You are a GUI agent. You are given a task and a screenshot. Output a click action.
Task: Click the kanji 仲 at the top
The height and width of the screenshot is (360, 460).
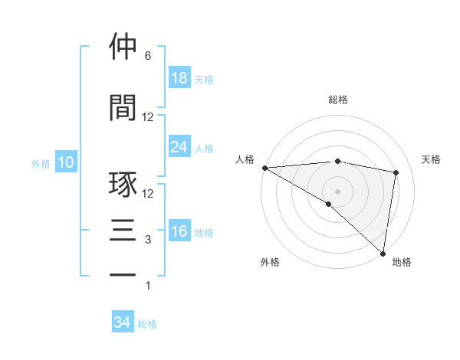(123, 47)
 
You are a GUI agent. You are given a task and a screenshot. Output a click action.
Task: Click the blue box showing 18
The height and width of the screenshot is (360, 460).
(179, 78)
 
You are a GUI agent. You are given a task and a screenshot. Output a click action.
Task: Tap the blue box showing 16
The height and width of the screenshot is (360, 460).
(179, 231)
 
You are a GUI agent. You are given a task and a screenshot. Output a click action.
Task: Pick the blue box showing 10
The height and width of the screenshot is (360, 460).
(65, 162)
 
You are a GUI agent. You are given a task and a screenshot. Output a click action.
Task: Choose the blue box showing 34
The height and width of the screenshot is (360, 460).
(123, 322)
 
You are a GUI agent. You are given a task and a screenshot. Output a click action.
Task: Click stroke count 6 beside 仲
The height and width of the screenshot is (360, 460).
(148, 56)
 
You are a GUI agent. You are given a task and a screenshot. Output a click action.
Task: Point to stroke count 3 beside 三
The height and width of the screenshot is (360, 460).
(148, 240)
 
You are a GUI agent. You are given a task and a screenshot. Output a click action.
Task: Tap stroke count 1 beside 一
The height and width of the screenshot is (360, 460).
(148, 286)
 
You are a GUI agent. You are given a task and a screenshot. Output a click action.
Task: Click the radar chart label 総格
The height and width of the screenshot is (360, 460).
(338, 100)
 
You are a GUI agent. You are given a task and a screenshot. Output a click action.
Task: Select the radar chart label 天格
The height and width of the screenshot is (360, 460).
(432, 159)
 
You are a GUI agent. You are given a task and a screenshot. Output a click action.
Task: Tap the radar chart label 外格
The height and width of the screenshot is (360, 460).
(270, 262)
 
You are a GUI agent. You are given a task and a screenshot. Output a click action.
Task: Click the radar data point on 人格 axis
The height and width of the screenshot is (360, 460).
(264, 168)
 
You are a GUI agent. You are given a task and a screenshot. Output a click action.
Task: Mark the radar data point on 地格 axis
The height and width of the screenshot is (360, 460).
(383, 253)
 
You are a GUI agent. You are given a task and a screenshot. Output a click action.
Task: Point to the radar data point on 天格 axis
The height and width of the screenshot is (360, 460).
(396, 172)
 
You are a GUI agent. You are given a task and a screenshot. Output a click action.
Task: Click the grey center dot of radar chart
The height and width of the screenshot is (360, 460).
(337, 190)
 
